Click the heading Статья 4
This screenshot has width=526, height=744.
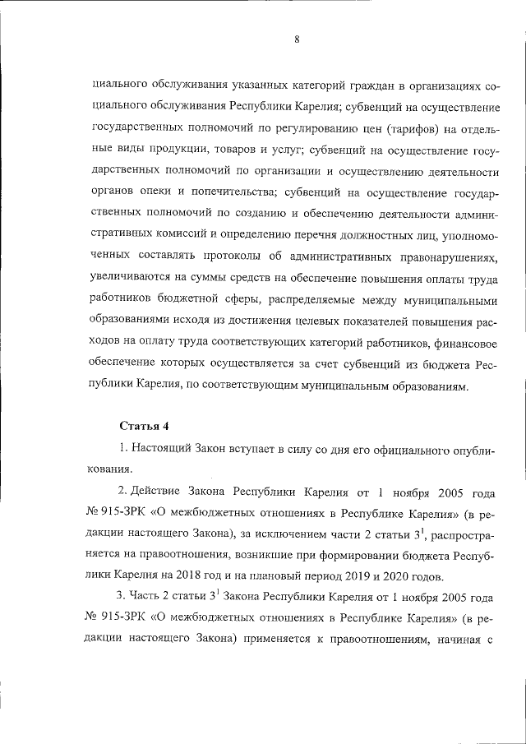tap(144, 426)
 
